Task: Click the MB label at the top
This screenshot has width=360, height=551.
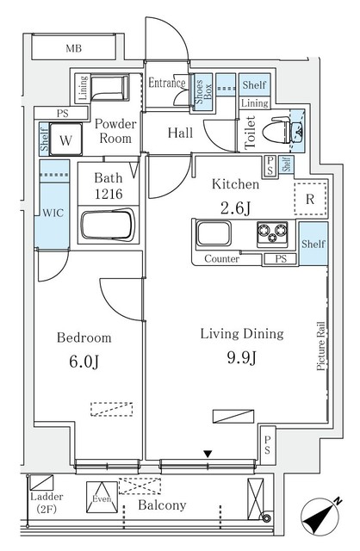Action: pyautogui.click(x=75, y=49)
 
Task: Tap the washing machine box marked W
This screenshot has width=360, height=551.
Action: pyautogui.click(x=65, y=138)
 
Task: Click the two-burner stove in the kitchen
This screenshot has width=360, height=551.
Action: pyautogui.click(x=273, y=232)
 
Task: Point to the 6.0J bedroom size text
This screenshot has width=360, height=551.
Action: pyautogui.click(x=84, y=360)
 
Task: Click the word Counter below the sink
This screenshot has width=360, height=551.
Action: pyautogui.click(x=221, y=258)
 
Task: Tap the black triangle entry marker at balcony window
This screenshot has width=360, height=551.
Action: pyautogui.click(x=207, y=453)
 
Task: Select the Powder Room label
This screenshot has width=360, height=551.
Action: pyautogui.click(x=114, y=131)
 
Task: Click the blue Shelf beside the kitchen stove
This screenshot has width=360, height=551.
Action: pyautogui.click(x=313, y=244)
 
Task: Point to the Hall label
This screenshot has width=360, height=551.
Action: pyautogui.click(x=180, y=133)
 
